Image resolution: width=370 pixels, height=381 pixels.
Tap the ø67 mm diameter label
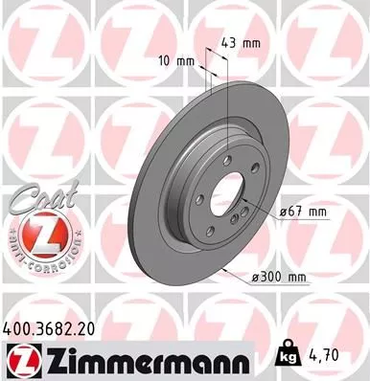click(x=303, y=213)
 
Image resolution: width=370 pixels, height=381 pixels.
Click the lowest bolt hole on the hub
click(x=216, y=218)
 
